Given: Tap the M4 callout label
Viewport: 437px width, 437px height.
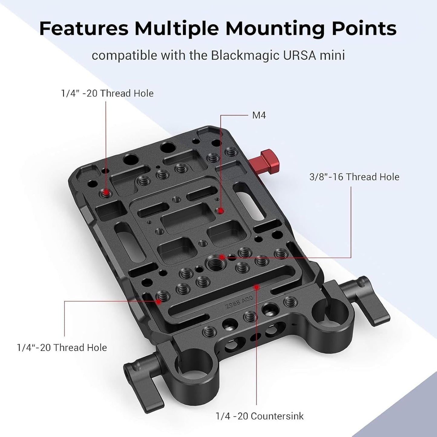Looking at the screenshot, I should [x=259, y=116].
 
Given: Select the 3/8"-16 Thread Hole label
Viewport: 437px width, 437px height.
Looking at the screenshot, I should [x=354, y=177].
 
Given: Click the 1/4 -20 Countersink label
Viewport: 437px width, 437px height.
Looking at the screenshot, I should [x=259, y=416].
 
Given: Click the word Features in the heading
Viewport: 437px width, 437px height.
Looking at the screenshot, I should [x=84, y=29].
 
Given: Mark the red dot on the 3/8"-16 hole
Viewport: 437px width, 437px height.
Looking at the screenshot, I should [x=222, y=257].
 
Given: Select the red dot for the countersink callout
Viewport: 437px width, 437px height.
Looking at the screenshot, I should [x=256, y=286].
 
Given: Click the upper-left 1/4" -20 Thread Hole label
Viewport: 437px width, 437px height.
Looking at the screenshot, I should [x=107, y=93].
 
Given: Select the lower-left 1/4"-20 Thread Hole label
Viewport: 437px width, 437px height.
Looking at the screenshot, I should [x=62, y=347].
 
